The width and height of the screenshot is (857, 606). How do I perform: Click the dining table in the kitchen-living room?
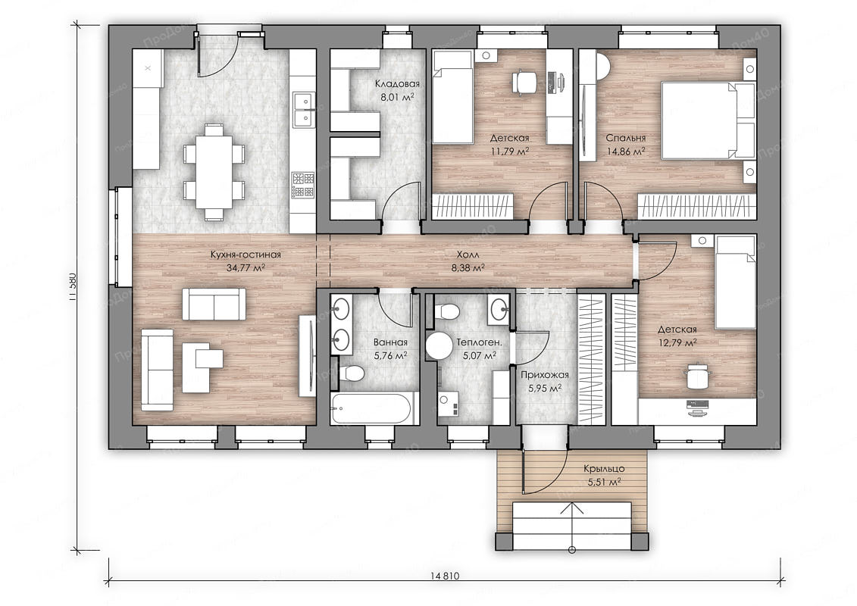coord(214,172)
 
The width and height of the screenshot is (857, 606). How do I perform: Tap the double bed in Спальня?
coord(708,120)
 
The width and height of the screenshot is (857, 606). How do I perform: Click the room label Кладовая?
coord(397,83)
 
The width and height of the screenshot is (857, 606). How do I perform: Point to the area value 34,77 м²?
coord(246,267)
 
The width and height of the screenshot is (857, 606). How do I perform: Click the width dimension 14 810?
coord(444,576)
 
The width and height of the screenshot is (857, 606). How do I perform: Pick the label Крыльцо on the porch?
coord(604,468)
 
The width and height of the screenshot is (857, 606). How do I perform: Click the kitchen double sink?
coord(303,109)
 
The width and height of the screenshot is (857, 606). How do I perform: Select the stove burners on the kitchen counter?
coord(303,185)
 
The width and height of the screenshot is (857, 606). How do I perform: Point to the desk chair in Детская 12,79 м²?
coord(696,376)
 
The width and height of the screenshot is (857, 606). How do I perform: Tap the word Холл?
coord(468,255)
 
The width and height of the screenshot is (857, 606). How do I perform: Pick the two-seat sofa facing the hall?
coord(214,305)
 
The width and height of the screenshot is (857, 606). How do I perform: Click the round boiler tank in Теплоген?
coord(439,345)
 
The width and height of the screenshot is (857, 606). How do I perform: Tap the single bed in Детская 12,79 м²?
coord(737,283)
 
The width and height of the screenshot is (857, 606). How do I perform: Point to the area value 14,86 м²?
coord(626,152)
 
